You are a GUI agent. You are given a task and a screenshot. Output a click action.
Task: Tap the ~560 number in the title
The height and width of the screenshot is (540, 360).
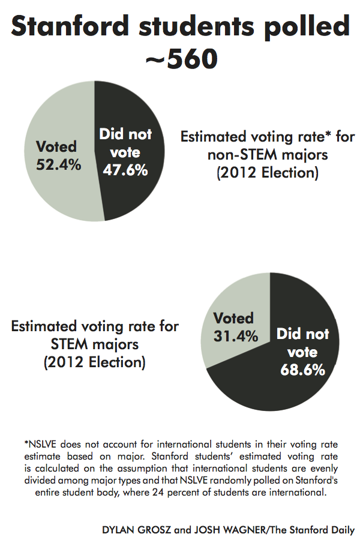[180, 60]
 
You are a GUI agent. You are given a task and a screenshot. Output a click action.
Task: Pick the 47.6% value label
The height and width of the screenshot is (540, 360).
[125, 170]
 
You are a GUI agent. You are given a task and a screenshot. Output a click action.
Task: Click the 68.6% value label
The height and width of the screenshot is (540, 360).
[303, 369]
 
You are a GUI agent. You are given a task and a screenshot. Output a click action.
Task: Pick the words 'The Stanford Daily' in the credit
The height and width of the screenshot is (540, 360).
[317, 530]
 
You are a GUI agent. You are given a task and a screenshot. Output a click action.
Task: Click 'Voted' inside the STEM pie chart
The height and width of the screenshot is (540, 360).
[233, 319]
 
